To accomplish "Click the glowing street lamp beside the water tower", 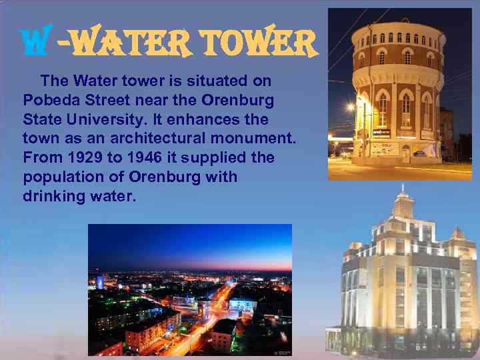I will tap(350, 107).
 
